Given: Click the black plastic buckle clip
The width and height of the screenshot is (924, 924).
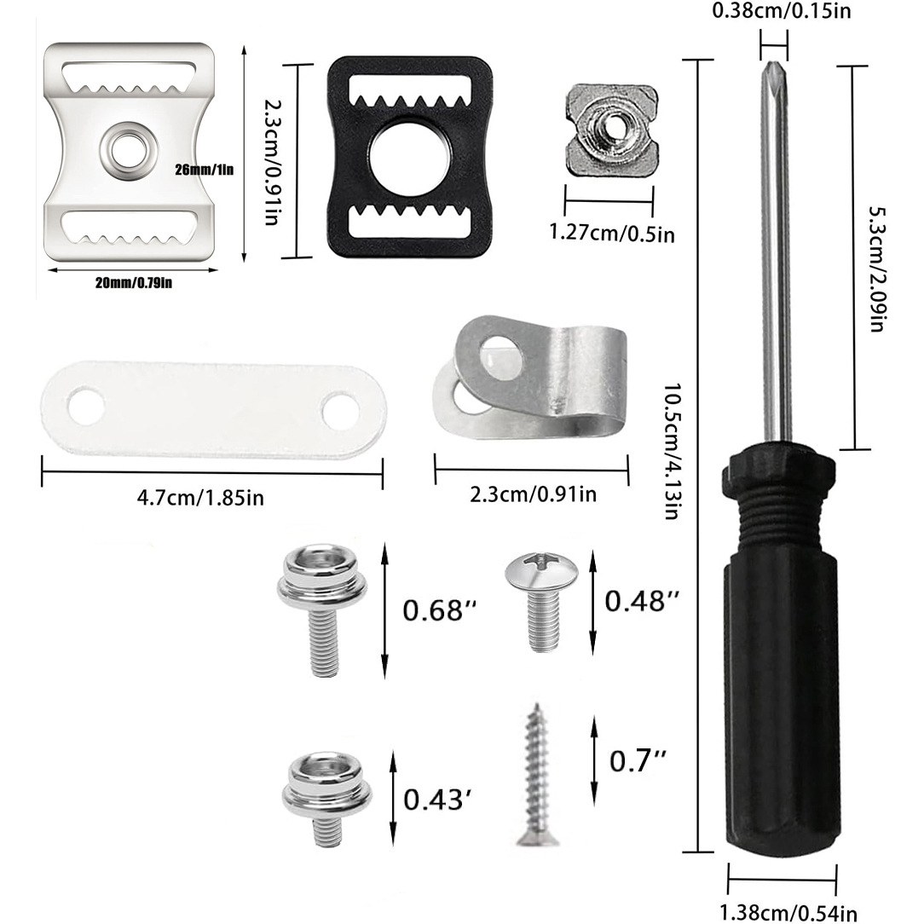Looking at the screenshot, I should point(410,159).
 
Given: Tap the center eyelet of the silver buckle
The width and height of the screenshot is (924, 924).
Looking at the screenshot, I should point(129,150).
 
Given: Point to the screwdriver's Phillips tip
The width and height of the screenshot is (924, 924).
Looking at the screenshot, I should point(773,73).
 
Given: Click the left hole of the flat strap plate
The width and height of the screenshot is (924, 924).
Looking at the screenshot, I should point(86,407).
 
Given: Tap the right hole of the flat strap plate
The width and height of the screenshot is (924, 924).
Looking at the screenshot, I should point(340,412).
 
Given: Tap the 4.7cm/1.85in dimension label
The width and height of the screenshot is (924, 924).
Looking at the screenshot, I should point(200,497).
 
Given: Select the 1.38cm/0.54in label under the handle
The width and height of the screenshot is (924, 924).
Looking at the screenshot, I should point(788,912).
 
